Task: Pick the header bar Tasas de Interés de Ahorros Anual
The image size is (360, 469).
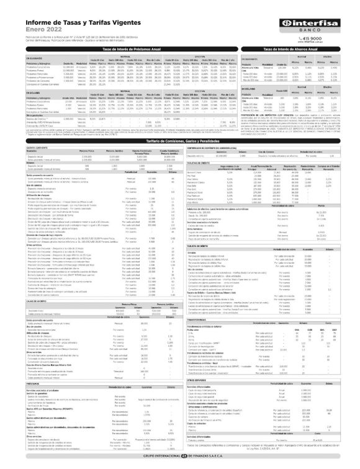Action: coord(305,48)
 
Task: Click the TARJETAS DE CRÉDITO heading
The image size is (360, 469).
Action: coord(201,164)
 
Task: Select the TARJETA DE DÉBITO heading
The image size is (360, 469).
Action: coord(200,247)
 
